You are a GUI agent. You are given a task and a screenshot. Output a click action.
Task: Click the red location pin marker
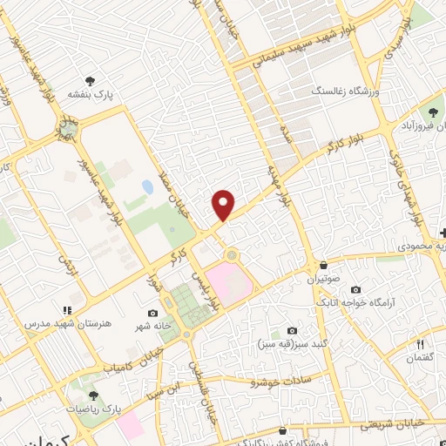pos(224,205)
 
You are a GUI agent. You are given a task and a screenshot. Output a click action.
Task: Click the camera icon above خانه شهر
pos(153,314)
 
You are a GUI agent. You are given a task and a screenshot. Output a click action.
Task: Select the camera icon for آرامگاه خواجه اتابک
pos(355,289)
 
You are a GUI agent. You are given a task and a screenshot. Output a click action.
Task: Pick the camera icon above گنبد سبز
pos(291,331)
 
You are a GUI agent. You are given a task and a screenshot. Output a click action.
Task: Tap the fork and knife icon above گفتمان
pos(420,344)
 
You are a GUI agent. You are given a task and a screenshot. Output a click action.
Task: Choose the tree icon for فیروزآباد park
pos(433,111)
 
